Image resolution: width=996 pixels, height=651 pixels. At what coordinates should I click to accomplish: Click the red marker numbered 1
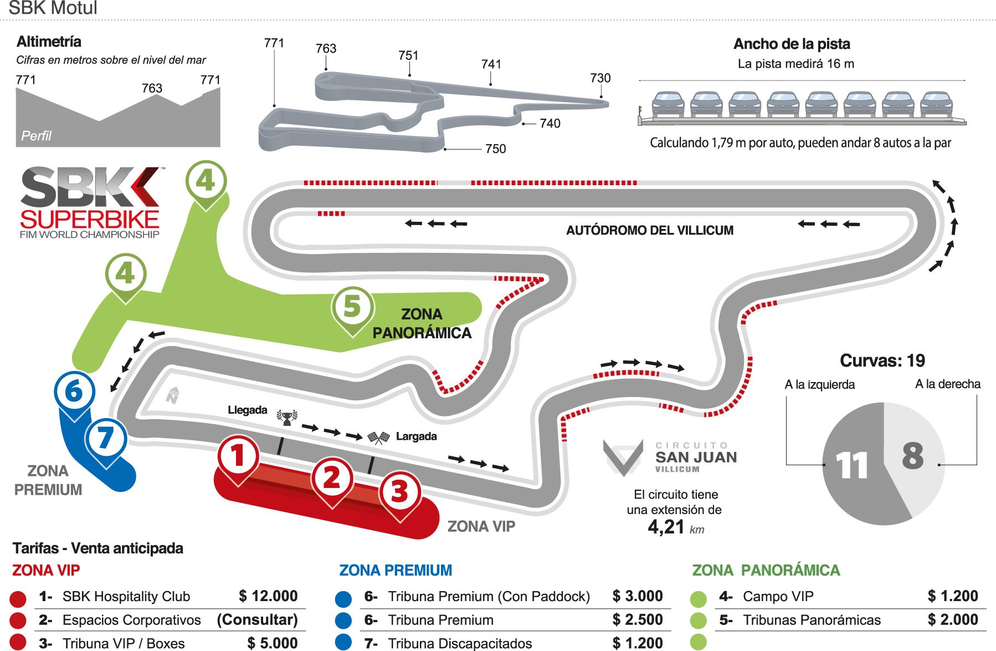pos(238,459)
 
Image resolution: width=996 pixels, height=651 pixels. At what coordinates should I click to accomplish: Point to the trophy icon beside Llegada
pos(287,417)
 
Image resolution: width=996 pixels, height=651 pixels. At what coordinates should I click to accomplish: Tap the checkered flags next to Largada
pos(379,438)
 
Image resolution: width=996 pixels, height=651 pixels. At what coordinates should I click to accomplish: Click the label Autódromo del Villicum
pos(650,230)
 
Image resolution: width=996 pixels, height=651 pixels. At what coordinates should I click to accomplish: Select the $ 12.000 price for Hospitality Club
pos(268,596)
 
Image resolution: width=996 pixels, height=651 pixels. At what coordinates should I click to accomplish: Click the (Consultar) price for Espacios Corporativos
pos(258,619)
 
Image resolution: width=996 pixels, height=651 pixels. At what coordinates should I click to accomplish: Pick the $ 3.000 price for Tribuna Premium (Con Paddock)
pos(638,596)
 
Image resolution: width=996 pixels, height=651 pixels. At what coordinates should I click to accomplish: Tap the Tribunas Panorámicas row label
pos(812,620)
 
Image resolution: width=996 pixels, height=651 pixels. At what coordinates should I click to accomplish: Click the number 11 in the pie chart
pos(852,466)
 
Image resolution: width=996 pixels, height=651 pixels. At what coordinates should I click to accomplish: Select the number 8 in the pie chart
pos(913,456)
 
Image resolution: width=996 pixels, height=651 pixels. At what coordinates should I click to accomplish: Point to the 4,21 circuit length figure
pos(666,527)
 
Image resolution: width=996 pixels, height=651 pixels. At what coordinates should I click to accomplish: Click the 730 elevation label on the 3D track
pos(600,78)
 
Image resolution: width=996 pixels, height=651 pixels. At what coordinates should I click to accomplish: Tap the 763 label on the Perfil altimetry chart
pos(152,88)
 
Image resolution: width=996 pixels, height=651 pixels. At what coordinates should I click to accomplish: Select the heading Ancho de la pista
pos(792,44)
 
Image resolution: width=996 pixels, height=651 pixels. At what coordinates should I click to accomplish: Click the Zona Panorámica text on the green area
pos(422,323)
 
